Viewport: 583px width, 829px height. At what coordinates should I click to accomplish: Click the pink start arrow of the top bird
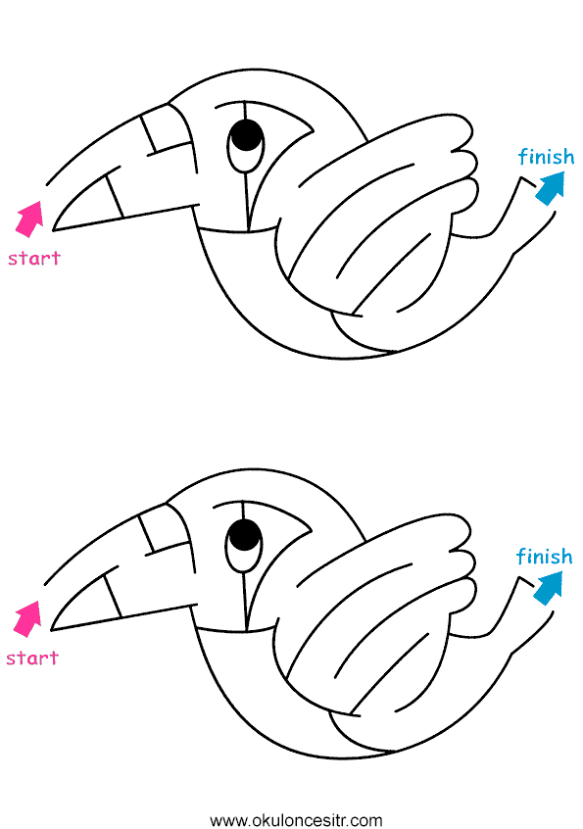point(29,219)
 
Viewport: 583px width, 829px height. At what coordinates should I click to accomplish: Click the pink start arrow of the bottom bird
point(27,618)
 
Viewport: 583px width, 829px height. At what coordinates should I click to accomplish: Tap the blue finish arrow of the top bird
point(551,188)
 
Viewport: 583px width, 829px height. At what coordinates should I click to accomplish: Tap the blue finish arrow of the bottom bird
point(549,588)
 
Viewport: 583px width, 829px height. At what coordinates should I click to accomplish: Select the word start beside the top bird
point(34,258)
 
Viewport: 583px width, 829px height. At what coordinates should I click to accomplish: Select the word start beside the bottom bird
point(32,658)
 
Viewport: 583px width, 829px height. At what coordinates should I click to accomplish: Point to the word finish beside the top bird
point(546,156)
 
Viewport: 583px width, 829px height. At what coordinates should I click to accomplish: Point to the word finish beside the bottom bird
point(544,556)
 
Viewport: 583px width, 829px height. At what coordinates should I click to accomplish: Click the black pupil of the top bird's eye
point(247,135)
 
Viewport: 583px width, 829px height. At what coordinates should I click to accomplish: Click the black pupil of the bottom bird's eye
point(245,535)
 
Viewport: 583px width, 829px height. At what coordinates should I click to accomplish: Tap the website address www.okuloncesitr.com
point(296,820)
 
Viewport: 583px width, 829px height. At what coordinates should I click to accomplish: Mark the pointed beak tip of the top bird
point(54,230)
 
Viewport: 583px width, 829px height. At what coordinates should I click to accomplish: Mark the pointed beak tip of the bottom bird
point(52,630)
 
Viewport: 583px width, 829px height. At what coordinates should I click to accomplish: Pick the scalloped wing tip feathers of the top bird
point(465,164)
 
